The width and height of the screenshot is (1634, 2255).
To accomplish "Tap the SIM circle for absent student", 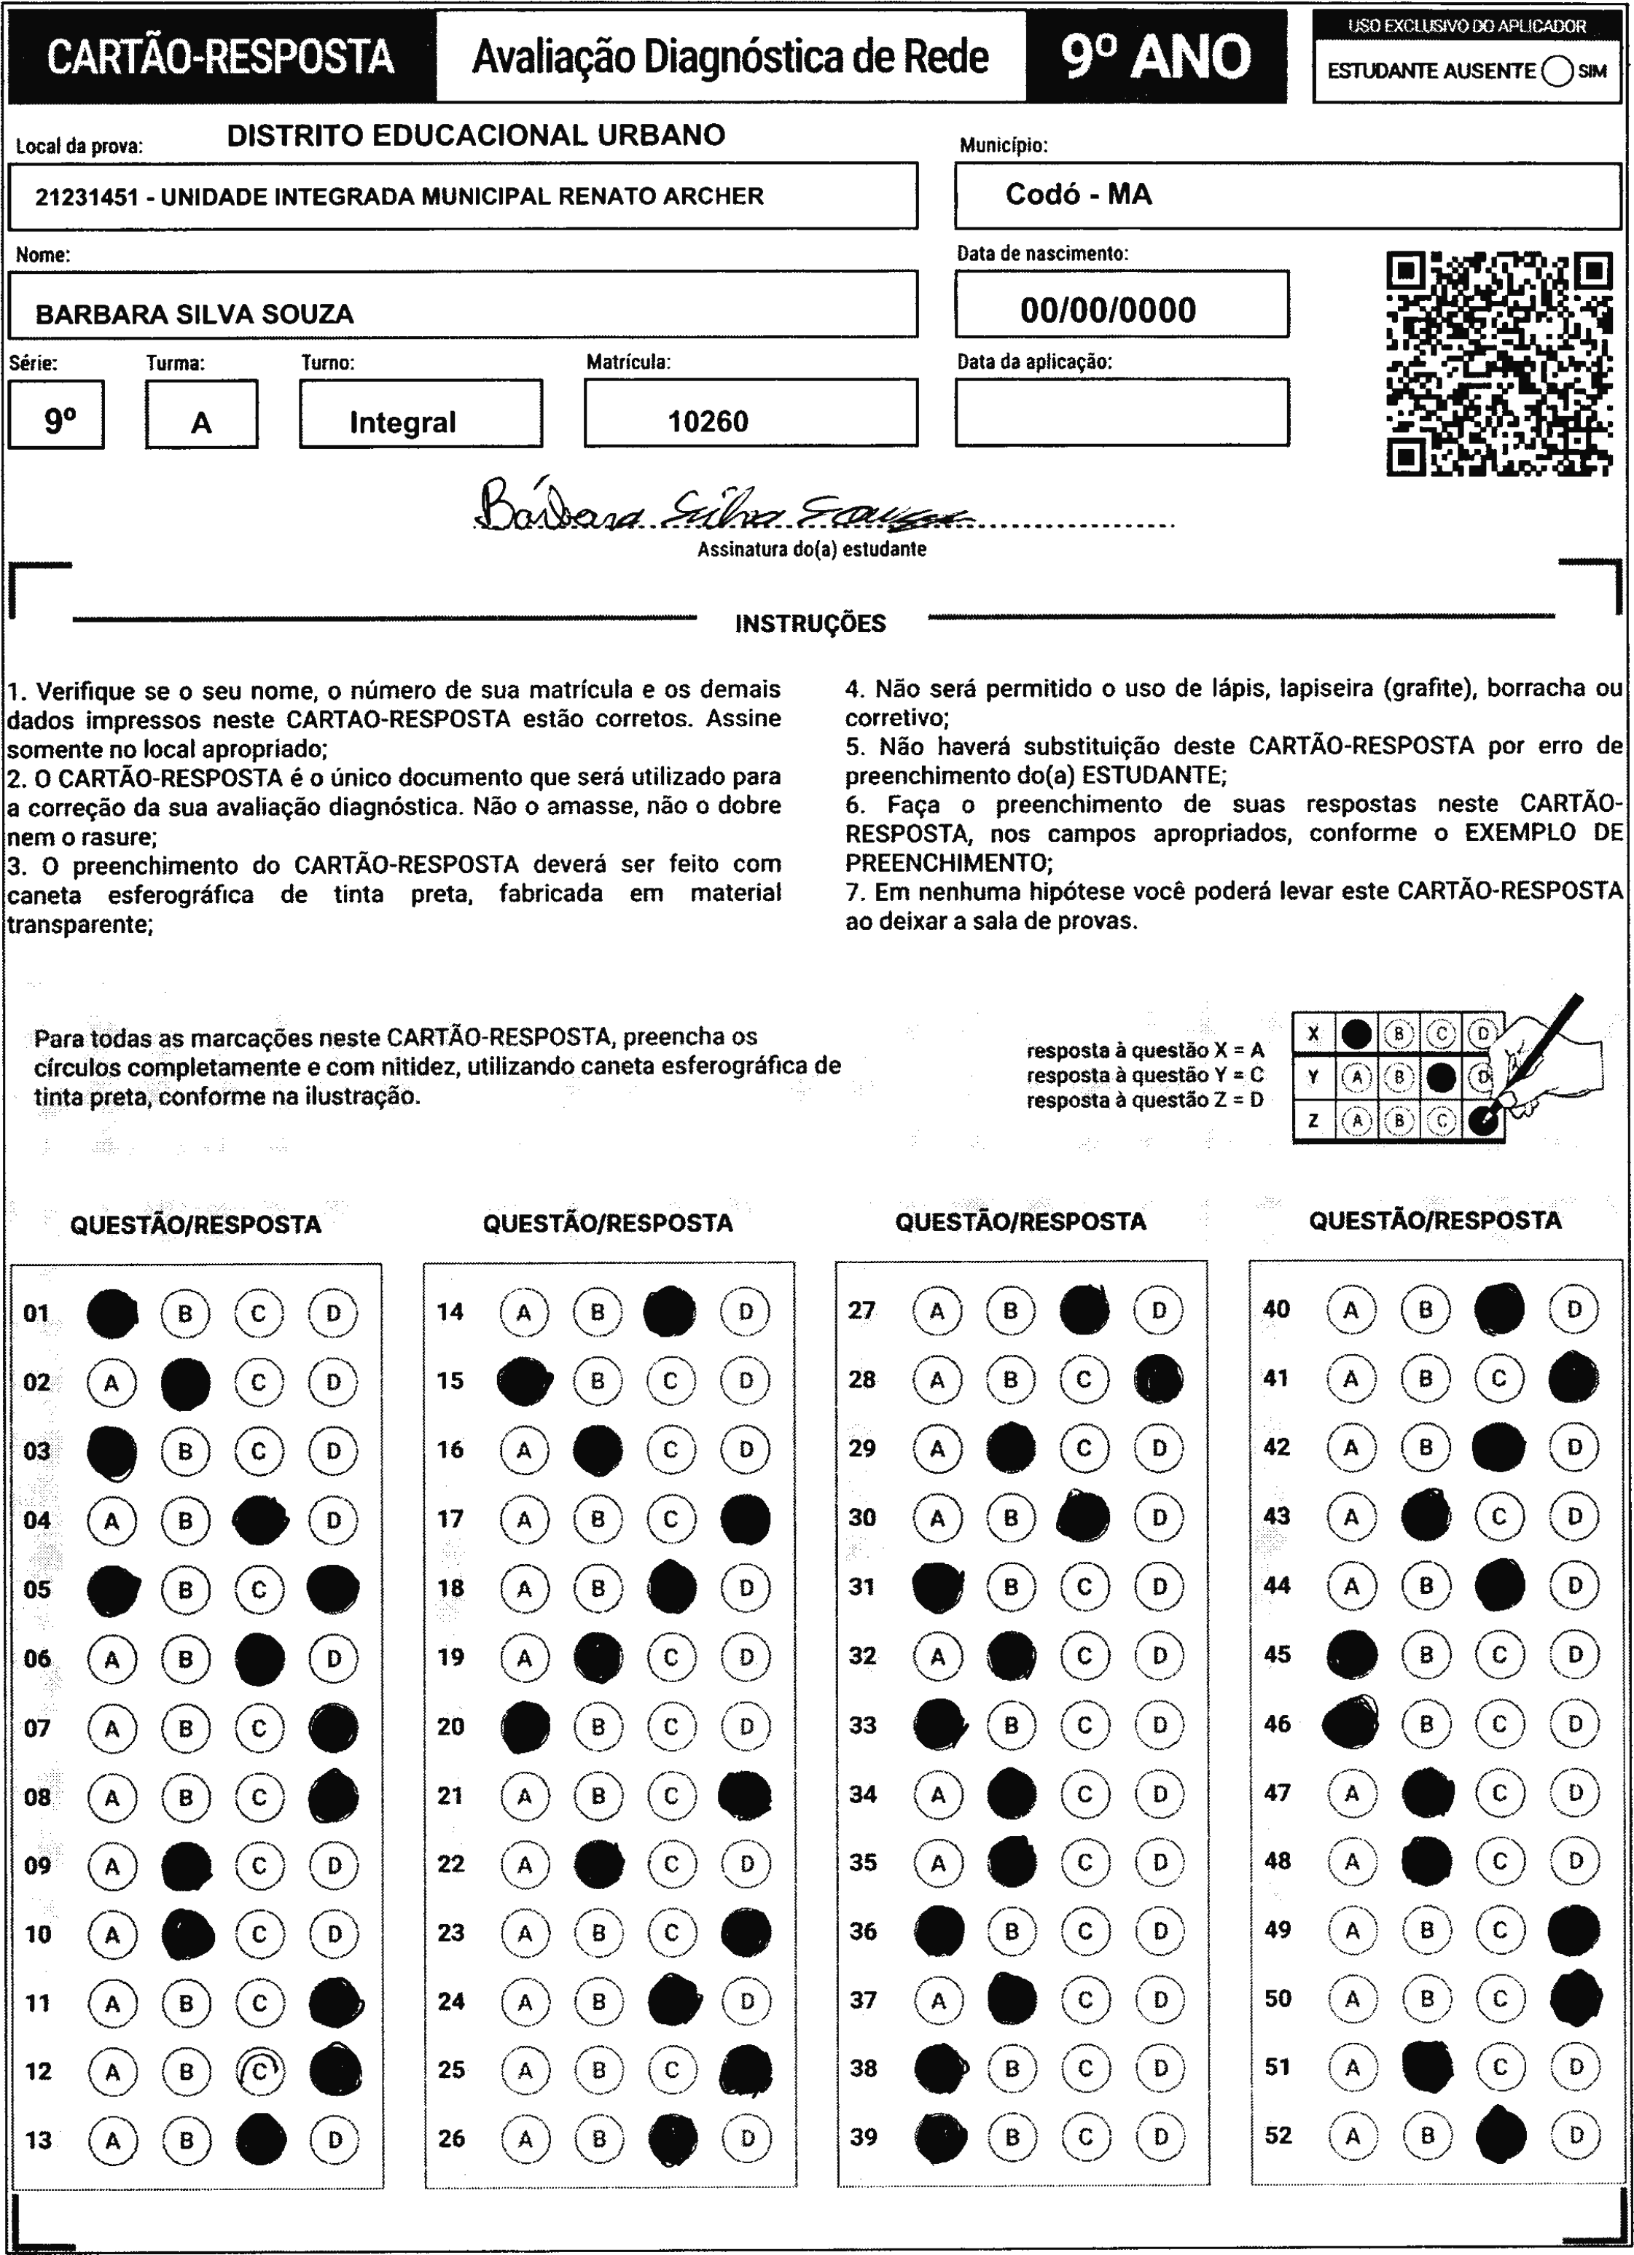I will tap(1557, 71).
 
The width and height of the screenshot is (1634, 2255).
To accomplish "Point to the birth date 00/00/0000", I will tap(1108, 310).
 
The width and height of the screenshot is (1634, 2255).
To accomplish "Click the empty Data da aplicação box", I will tap(1121, 413).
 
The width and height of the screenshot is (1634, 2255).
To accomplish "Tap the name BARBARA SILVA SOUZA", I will tap(195, 314).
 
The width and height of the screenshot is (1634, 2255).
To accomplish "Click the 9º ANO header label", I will tap(1156, 57).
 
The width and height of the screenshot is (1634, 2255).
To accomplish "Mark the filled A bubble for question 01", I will tap(112, 1313).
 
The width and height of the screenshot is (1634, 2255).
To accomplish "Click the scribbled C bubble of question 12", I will tap(259, 2071).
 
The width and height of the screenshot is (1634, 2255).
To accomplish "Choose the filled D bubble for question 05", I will tap(333, 1589).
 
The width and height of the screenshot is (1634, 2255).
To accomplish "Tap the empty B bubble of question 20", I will tap(598, 1727).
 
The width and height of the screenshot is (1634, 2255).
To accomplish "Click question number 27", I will tap(861, 1310).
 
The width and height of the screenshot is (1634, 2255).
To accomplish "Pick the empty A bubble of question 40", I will tap(1350, 1310).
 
